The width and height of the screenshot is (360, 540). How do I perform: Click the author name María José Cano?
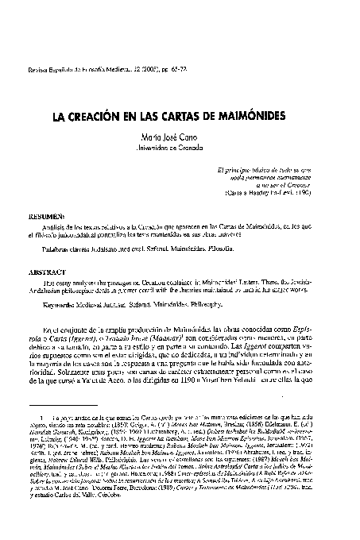point(180,137)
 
